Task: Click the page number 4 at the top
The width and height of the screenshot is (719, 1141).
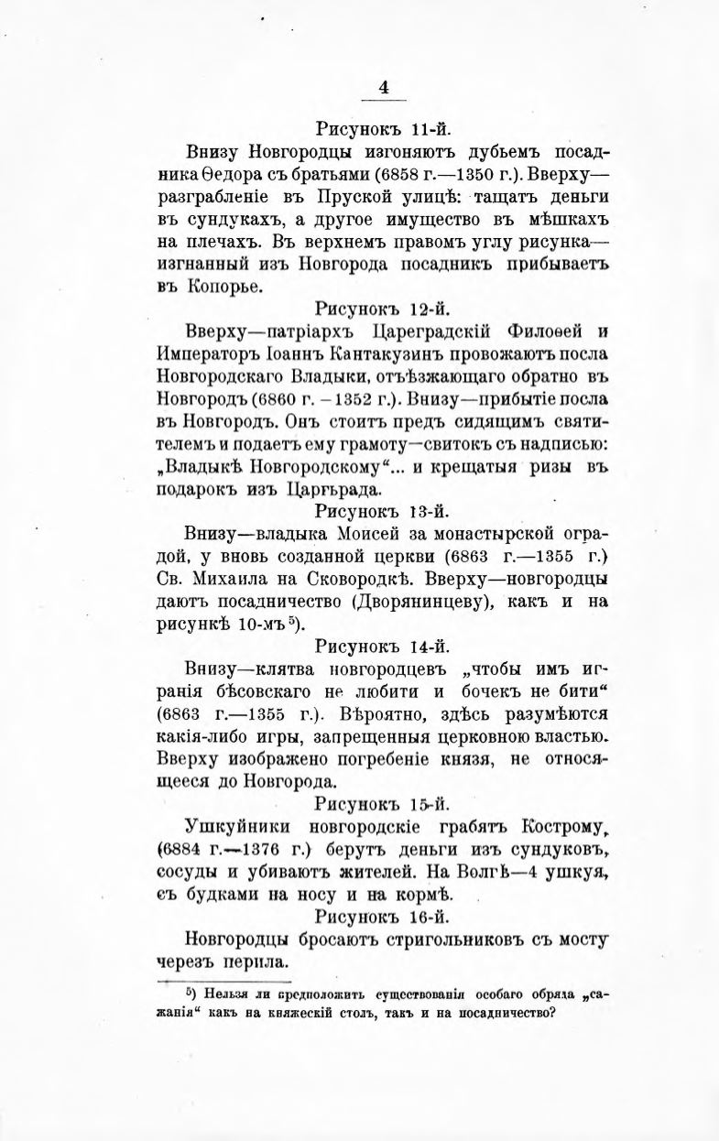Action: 384,87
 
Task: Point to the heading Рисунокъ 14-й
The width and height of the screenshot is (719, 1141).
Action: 382,645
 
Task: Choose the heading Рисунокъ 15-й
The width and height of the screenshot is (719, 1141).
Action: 382,803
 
